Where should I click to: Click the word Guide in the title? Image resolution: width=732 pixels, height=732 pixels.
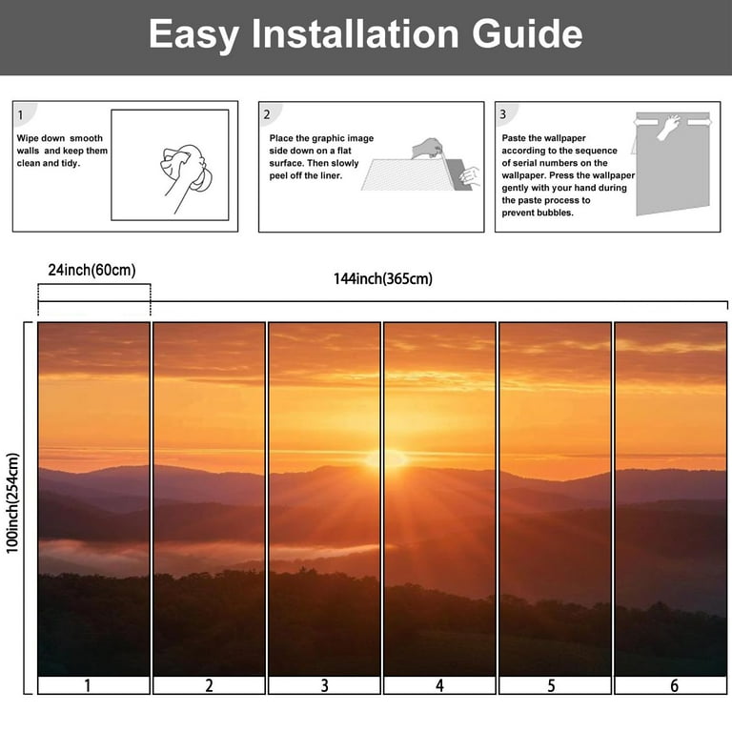[x=527, y=34]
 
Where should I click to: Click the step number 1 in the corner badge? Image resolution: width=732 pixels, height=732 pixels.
[x=20, y=114]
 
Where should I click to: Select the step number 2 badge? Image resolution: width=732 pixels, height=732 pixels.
[x=267, y=114]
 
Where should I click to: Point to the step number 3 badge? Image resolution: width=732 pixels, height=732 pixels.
[x=503, y=114]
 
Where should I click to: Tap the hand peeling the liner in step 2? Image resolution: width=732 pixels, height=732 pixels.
[x=427, y=148]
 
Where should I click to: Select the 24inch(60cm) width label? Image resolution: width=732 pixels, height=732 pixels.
[x=91, y=271]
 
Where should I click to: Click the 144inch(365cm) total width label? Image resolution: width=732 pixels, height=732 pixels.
[x=383, y=278]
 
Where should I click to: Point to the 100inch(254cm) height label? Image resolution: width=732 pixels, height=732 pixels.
[x=12, y=503]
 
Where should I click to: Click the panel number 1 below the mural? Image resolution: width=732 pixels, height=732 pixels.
[x=88, y=685]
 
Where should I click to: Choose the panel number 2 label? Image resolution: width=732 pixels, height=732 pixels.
[x=209, y=685]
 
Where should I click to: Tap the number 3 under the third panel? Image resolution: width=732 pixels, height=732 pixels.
[x=324, y=685]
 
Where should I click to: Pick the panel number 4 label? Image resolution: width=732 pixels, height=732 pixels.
[x=439, y=685]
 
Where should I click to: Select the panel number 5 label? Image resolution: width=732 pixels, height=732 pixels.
[x=551, y=685]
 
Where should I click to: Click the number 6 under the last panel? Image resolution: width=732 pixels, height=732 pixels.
[x=674, y=685]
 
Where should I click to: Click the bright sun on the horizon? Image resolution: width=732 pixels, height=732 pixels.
[x=386, y=458]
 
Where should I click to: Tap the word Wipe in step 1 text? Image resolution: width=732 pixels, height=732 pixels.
[x=28, y=138]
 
